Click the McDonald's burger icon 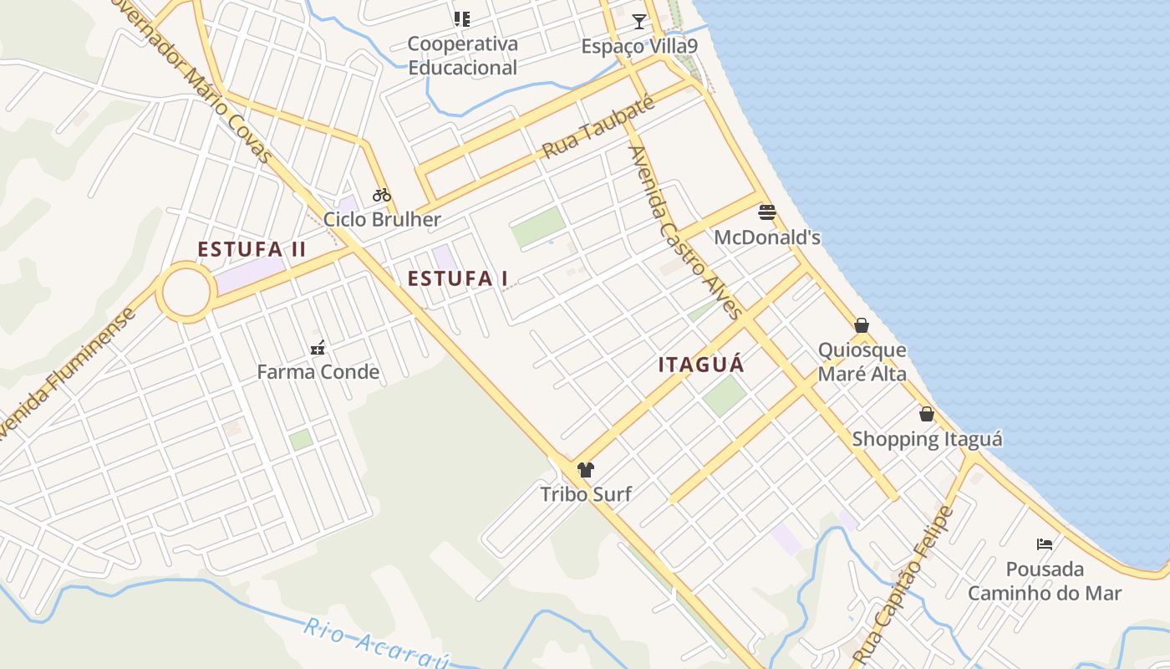click(766, 212)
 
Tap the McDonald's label click(766, 237)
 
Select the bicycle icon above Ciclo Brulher click(382, 195)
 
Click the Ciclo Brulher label click(382, 220)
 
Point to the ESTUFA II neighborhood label click(252, 249)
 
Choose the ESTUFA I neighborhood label click(457, 278)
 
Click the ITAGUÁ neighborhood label click(701, 365)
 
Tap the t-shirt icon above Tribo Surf click(585, 470)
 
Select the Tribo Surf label click(585, 494)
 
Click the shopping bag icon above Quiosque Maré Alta click(862, 325)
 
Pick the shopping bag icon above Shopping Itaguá click(927, 414)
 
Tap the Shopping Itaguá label click(927, 439)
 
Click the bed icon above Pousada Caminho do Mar click(1045, 544)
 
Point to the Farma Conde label click(318, 372)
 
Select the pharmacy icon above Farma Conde click(318, 347)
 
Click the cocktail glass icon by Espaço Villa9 click(639, 21)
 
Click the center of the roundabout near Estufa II click(186, 293)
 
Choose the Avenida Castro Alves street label click(685, 232)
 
